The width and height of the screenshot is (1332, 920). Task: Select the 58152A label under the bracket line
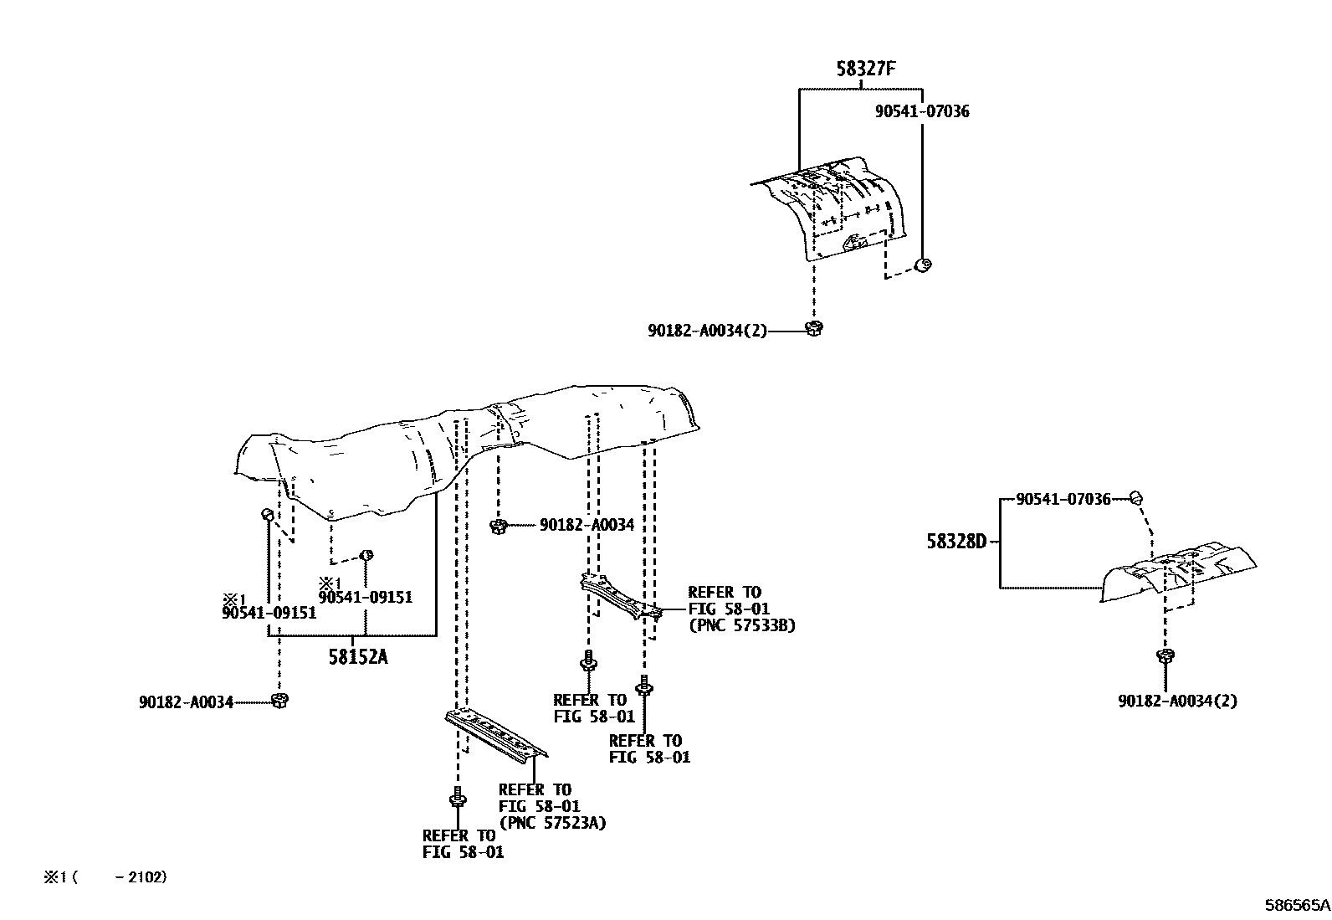[x=357, y=657]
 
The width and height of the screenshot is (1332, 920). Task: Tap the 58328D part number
[x=956, y=542]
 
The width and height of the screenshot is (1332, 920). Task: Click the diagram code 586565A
[x=1296, y=905]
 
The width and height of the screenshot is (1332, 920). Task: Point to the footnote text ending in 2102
[x=106, y=877]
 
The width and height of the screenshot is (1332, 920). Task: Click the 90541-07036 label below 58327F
[x=922, y=111]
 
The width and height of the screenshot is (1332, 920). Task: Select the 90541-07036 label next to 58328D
[x=1063, y=500]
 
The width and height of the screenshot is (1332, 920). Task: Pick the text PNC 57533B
[x=741, y=625]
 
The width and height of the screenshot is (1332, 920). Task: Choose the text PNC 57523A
[x=552, y=823]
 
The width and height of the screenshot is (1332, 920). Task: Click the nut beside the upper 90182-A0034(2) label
[x=813, y=328]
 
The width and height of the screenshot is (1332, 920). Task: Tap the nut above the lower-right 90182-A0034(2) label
[x=1164, y=656]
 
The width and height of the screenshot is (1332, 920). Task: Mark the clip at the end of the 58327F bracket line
[x=925, y=265]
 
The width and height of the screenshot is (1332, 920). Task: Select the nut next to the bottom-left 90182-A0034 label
[x=279, y=700]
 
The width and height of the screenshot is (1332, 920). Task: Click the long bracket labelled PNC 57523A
[x=495, y=733]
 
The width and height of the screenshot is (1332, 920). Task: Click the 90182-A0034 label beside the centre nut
[x=587, y=525]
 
